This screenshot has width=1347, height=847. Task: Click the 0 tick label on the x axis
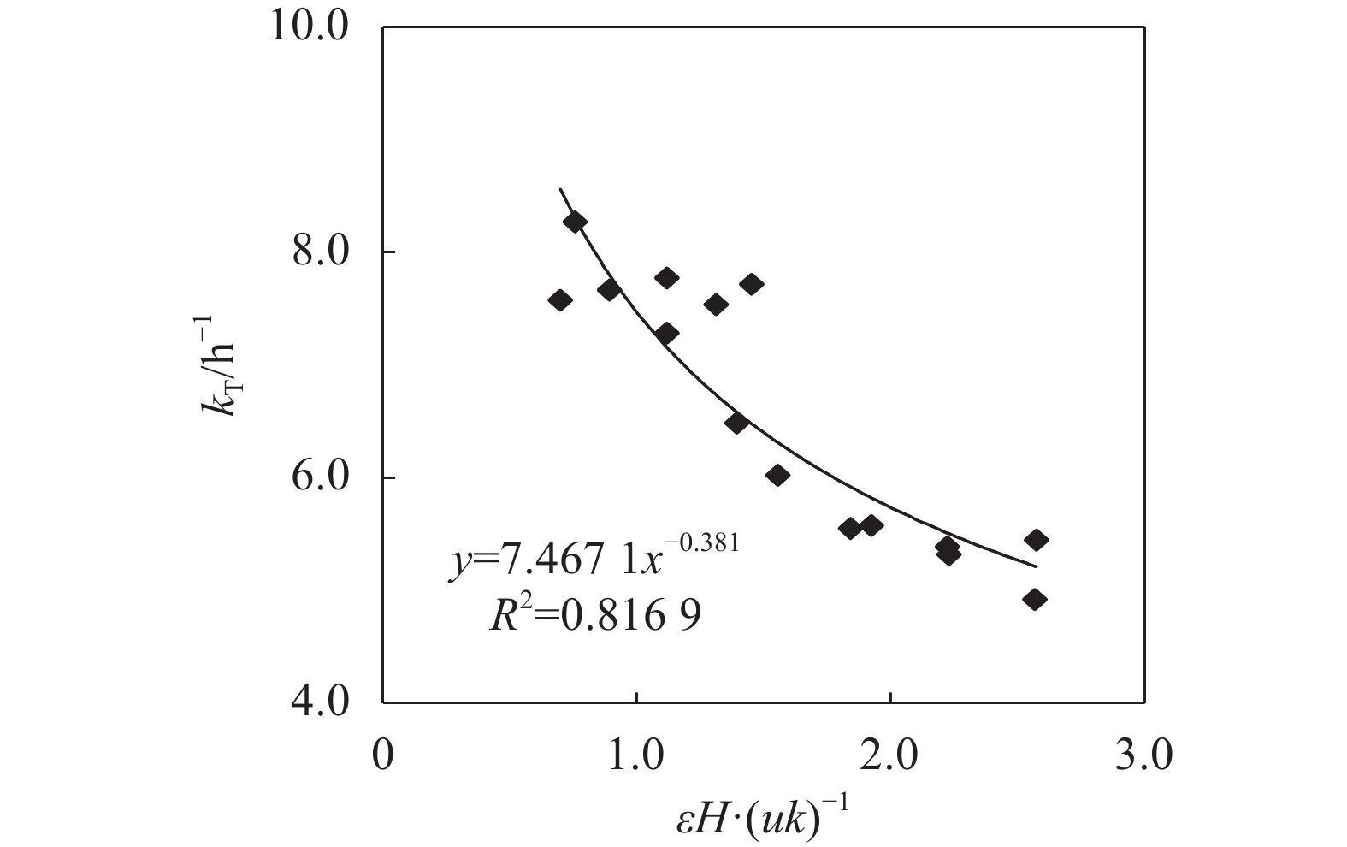(x=383, y=757)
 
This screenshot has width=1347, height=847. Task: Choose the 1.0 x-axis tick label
(x=636, y=757)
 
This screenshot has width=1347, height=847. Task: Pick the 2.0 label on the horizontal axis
(x=890, y=757)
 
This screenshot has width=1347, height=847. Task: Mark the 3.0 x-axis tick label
(x=1144, y=757)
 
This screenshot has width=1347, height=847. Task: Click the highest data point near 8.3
(x=574, y=222)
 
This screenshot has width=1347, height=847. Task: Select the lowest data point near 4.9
(x=1035, y=599)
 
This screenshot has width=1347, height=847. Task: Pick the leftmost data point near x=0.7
(x=560, y=299)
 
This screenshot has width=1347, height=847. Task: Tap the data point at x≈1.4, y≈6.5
(x=737, y=422)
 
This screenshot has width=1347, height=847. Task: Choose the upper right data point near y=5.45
(x=1036, y=540)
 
